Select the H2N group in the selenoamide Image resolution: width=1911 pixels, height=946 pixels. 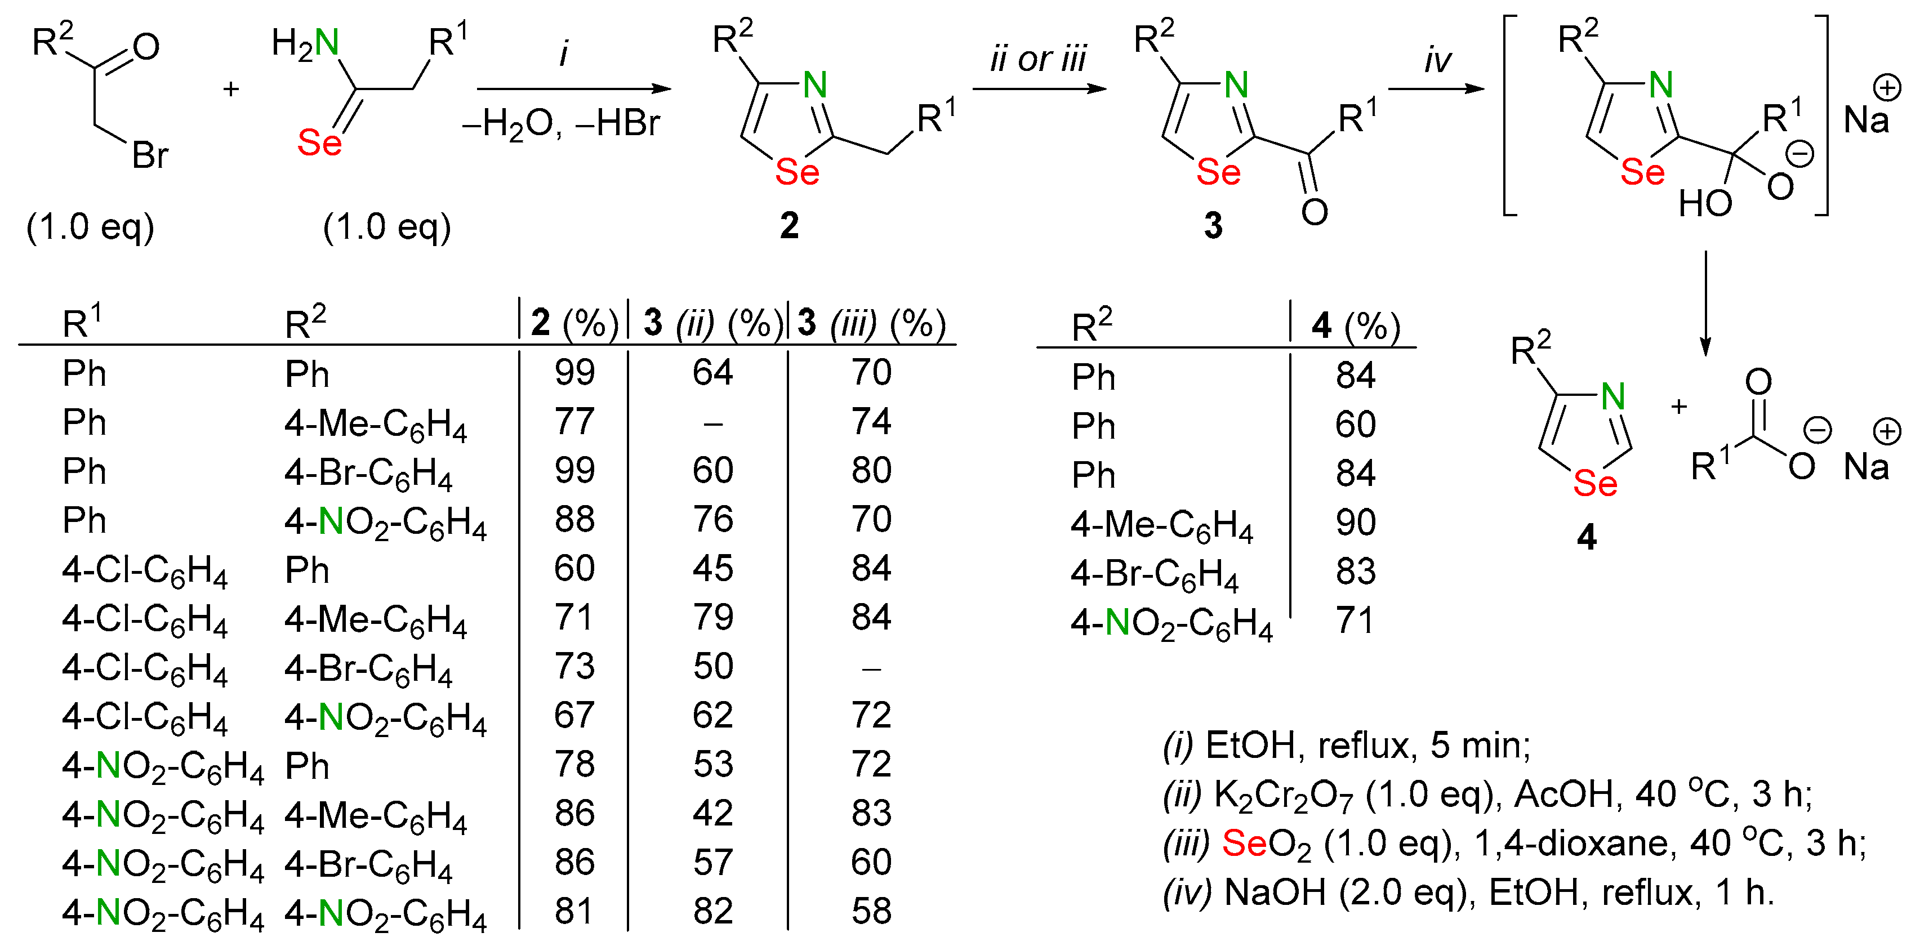pyautogui.click(x=305, y=43)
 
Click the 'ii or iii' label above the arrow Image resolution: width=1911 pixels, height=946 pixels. pyautogui.click(x=1038, y=59)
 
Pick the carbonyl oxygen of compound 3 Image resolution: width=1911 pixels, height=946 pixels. pyautogui.click(x=1314, y=212)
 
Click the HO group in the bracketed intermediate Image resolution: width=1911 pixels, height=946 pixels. pyautogui.click(x=1705, y=203)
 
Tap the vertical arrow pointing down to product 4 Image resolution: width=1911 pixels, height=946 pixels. pyautogui.click(x=1705, y=304)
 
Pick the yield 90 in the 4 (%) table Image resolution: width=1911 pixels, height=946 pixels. pyautogui.click(x=1355, y=523)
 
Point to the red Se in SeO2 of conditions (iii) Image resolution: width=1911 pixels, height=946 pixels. pyautogui.click(x=1244, y=843)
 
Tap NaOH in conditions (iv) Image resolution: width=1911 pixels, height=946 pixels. pyautogui.click(x=1275, y=892)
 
